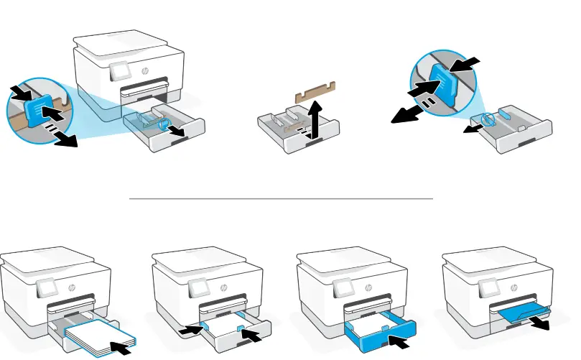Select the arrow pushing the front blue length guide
[254, 334]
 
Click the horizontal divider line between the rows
[281, 197]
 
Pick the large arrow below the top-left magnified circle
[64, 140]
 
